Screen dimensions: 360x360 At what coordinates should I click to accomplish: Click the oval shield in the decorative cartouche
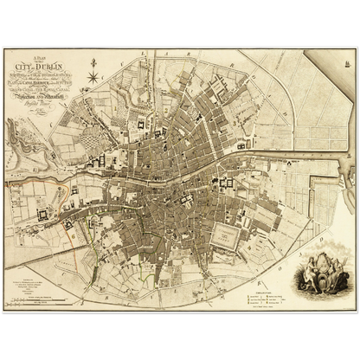[319, 267]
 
